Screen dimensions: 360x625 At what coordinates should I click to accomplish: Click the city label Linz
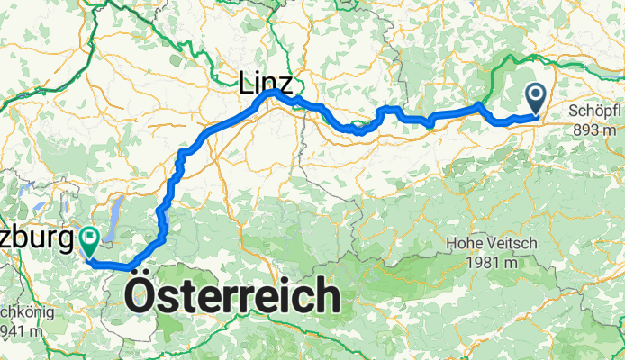point(266,85)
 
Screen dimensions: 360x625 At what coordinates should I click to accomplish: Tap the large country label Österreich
point(234,295)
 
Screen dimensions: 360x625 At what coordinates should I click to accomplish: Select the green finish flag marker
point(90,239)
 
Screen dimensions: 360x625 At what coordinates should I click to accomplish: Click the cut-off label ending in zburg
point(36,240)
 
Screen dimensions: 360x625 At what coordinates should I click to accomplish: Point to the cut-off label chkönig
point(27,313)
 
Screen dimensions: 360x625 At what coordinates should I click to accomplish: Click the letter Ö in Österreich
point(144,295)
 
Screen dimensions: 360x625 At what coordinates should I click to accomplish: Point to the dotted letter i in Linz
point(259,85)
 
